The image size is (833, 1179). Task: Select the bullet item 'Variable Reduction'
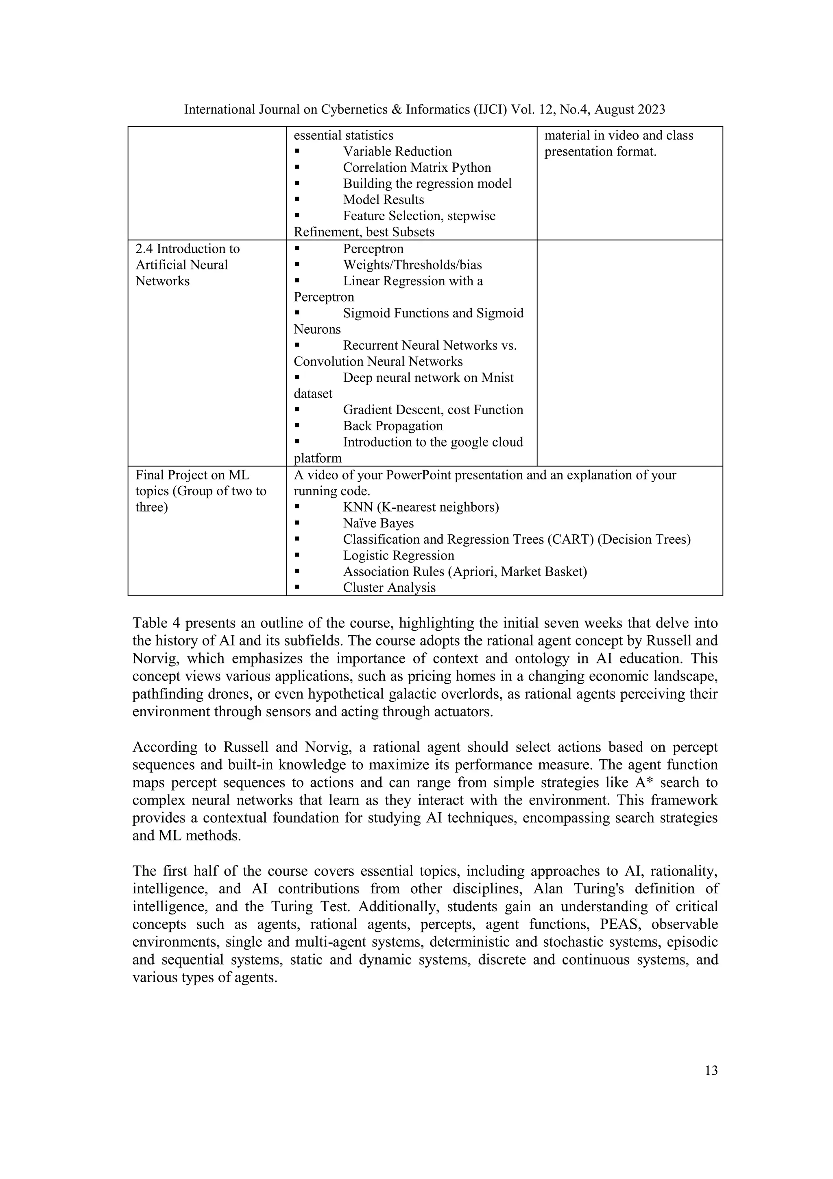397,151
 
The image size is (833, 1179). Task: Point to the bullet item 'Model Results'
384,200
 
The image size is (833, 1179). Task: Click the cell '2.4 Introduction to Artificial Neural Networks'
188,265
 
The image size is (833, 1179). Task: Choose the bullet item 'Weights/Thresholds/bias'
412,265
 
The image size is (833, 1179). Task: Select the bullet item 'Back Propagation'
393,426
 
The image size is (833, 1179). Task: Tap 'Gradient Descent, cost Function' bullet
433,410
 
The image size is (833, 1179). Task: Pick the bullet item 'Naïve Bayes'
378,523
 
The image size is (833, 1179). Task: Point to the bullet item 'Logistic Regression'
398,556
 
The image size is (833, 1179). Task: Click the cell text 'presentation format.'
600,151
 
